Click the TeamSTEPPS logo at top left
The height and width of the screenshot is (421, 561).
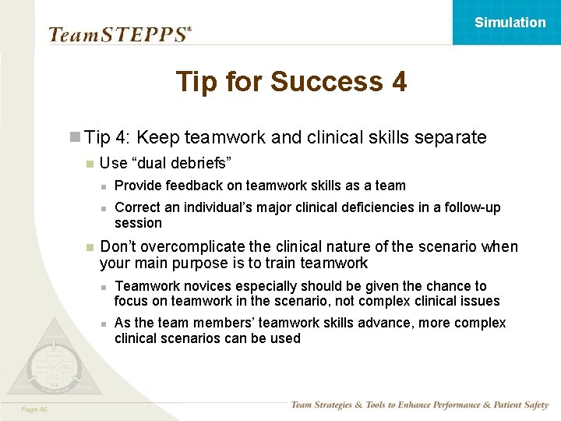point(119,34)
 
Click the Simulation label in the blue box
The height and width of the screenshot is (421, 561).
point(510,23)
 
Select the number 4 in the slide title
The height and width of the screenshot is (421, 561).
point(397,81)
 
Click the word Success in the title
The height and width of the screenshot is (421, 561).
point(325,81)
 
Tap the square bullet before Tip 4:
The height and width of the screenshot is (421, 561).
point(75,138)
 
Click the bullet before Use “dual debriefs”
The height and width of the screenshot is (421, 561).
point(90,164)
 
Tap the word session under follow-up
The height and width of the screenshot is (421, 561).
point(138,223)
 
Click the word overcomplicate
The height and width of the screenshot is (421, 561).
point(194,246)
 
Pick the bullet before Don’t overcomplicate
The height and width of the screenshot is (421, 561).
point(90,247)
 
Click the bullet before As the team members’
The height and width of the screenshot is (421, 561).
point(103,324)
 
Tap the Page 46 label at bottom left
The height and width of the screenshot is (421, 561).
point(34,409)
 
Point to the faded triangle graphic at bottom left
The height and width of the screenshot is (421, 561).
point(51,359)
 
